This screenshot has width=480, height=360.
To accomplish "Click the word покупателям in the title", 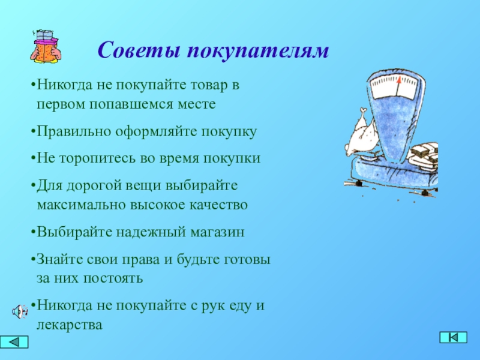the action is [258, 51].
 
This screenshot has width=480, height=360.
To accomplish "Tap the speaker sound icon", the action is [20, 311].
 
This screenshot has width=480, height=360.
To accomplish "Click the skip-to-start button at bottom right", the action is [454, 337].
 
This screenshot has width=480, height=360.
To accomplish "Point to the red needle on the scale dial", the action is [398, 86].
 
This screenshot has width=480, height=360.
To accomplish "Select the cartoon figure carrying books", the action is [46, 47].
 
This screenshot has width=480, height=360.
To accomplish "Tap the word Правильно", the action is [74, 132].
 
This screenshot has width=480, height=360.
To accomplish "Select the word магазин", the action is [217, 232].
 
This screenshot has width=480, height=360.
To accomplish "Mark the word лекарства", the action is [70, 325].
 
